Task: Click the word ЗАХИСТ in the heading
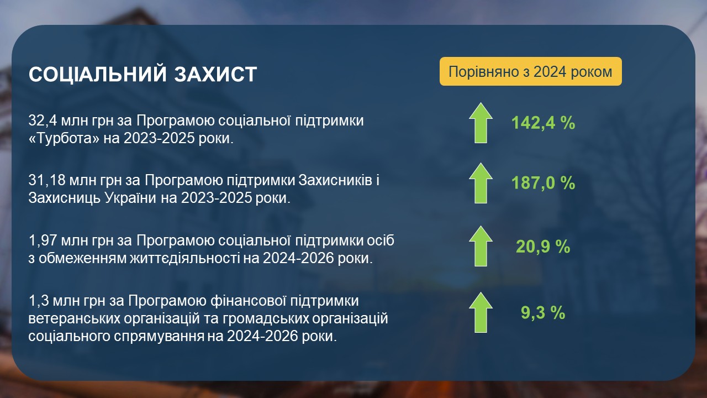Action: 215,74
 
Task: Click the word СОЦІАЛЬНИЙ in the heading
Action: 98,74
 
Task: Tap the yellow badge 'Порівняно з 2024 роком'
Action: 531,71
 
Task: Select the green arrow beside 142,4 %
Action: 481,123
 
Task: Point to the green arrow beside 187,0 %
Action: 481,183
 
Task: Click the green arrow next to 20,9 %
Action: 481,246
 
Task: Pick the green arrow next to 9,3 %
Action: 481,312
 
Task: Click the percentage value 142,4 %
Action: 543,123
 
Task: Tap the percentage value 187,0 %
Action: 543,183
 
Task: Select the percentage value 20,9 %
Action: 543,247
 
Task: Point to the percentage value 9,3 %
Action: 543,312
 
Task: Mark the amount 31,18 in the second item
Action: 47,181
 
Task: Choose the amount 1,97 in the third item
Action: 43,240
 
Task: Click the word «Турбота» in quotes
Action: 64,138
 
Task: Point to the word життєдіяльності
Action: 184,258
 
